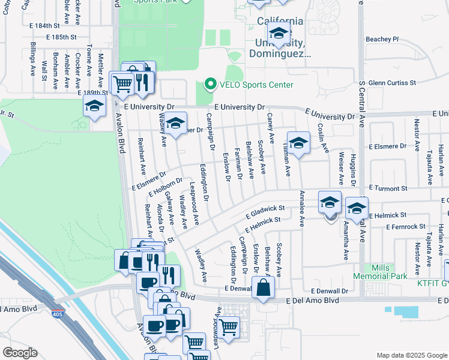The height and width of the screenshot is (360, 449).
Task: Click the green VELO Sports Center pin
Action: [x=210, y=85]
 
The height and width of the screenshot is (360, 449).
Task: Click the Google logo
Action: [x=20, y=352]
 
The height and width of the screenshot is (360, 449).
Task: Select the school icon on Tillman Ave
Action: [x=298, y=143]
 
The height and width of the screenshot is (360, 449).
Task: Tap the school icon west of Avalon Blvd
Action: [x=94, y=107]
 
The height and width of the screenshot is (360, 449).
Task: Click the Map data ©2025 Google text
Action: [x=411, y=355]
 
